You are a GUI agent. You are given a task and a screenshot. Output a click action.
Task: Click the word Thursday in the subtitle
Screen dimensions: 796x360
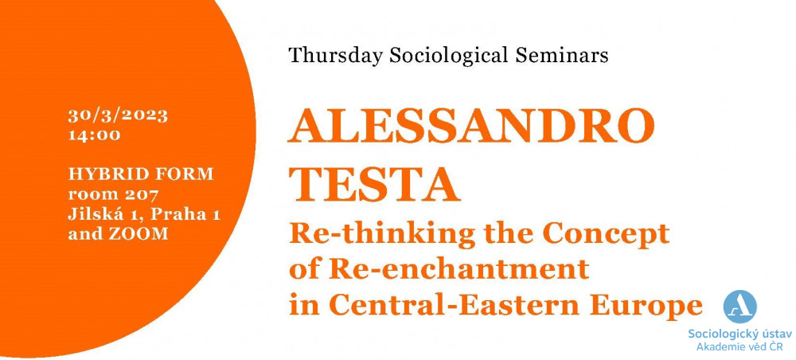335,56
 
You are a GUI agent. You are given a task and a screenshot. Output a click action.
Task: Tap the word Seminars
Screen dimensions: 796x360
562,55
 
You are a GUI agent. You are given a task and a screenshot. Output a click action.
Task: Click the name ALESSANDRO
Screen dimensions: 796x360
471,127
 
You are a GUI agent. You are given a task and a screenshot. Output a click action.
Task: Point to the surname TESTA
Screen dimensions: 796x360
375,185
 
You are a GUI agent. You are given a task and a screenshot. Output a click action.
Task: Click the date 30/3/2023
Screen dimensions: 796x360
118,115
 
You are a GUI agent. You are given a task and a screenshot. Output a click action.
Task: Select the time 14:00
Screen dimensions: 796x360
95,135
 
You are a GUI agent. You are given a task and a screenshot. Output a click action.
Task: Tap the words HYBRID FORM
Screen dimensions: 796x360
141,174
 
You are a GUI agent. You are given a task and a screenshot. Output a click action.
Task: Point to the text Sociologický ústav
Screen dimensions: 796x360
739,335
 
